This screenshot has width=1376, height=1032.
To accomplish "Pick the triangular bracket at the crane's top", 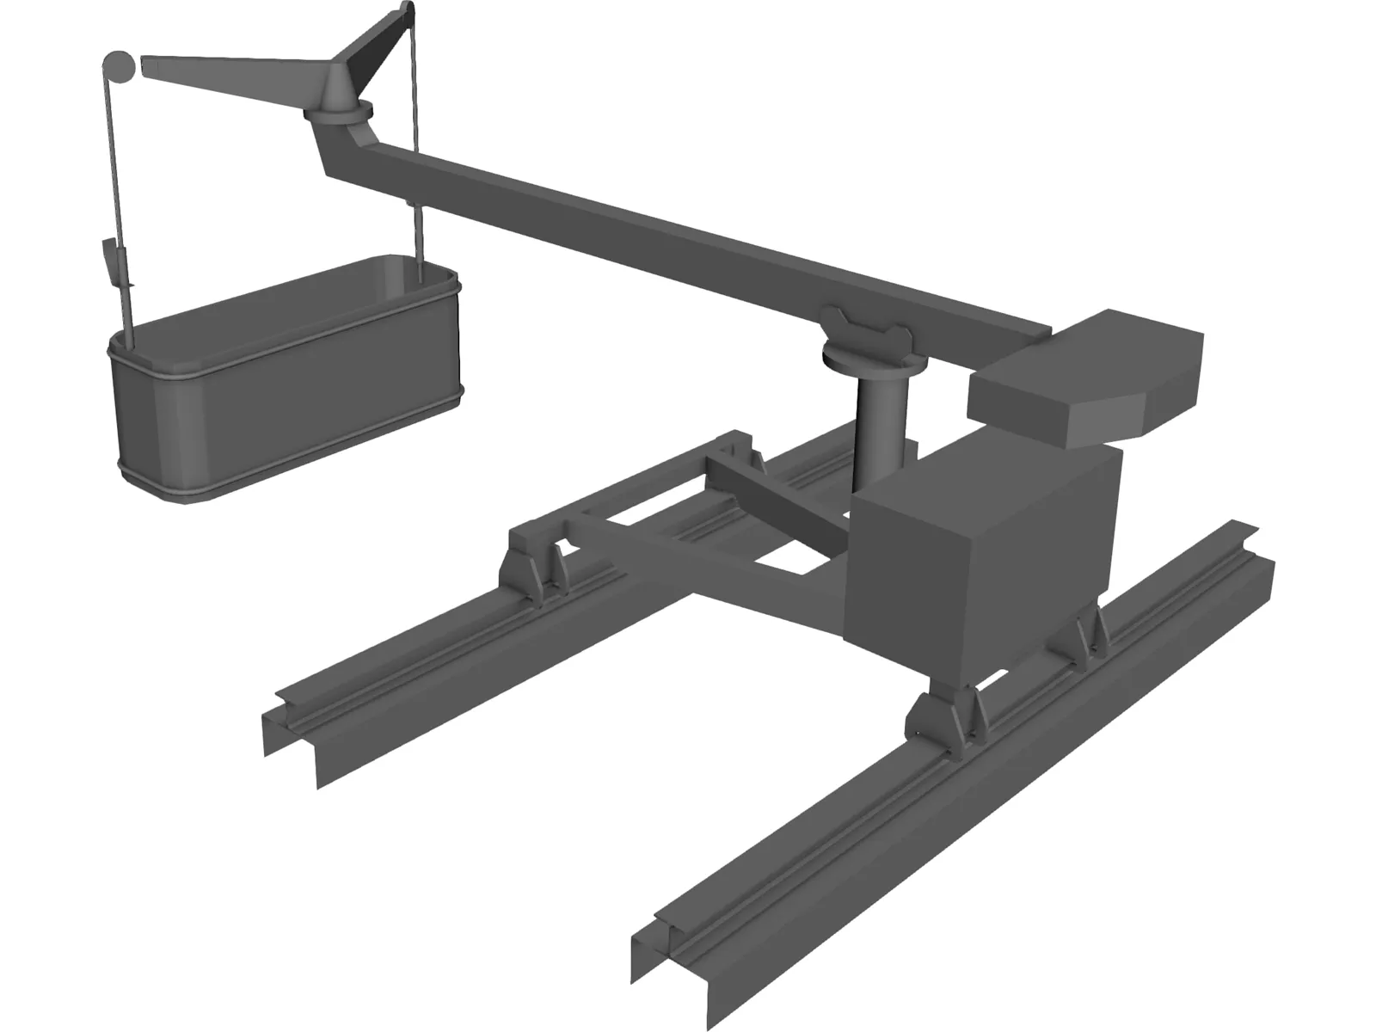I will pyautogui.click(x=378, y=52).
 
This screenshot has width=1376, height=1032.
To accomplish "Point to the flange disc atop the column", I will pyautogui.click(x=866, y=353).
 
